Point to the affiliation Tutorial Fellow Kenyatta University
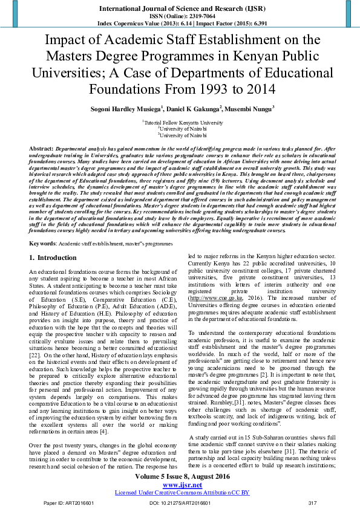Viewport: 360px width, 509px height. coord(180,122)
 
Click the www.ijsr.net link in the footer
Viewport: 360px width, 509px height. coord(179,484)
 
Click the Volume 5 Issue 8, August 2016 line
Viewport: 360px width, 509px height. coord(180,478)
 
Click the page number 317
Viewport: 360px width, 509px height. coord(313,502)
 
